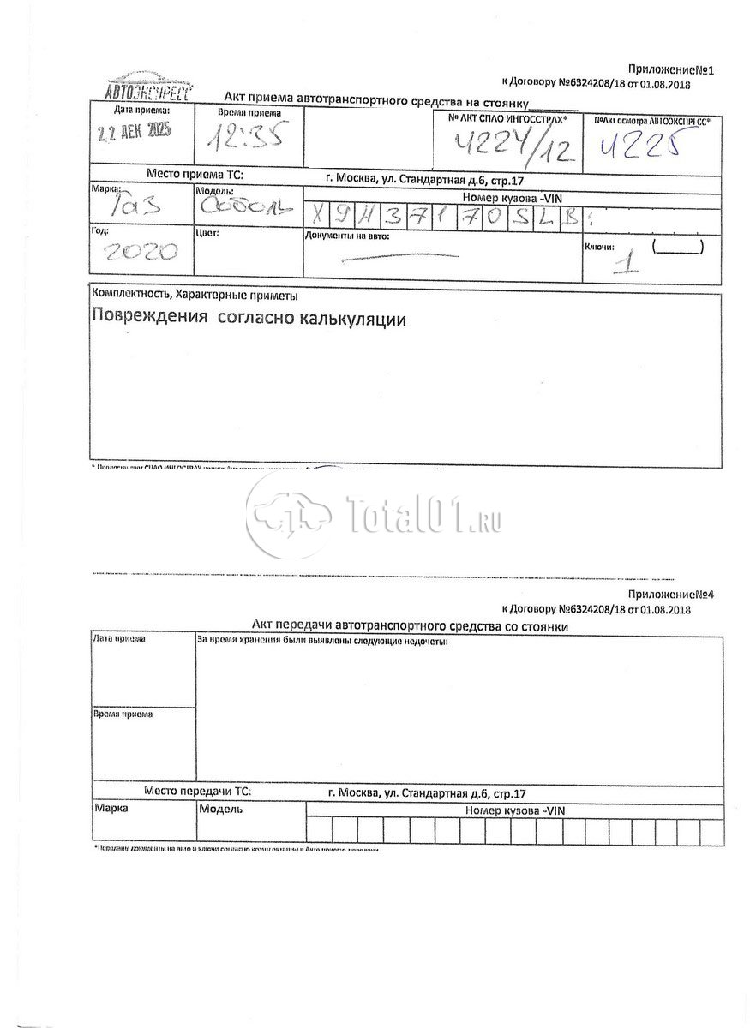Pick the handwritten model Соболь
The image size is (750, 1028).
(x=247, y=206)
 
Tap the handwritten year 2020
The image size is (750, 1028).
(x=141, y=252)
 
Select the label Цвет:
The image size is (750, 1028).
(x=208, y=232)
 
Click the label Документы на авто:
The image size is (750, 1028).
(x=347, y=236)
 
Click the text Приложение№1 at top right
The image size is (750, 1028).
(x=670, y=69)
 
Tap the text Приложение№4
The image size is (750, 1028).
(x=670, y=594)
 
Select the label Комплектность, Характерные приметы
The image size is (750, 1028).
(x=195, y=296)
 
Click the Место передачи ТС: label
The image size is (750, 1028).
(x=197, y=792)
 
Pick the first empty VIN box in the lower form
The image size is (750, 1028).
(x=320, y=830)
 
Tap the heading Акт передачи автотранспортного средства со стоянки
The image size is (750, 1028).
(x=410, y=627)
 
